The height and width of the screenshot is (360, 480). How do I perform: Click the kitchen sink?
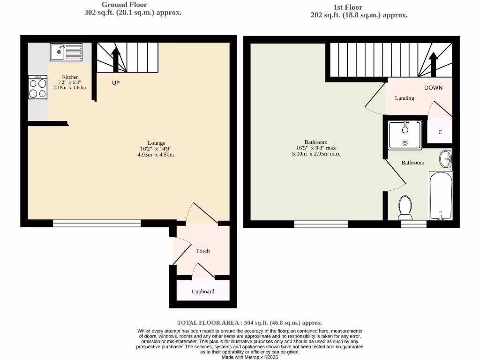pos(66,52)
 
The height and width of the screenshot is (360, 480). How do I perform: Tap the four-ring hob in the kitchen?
pos(38,88)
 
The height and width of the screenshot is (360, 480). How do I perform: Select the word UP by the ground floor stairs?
pos(117,83)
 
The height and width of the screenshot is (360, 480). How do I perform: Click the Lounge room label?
pos(156,143)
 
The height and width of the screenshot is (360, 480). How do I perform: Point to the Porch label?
pos(203,251)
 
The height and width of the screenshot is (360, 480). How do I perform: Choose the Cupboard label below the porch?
pos(203,292)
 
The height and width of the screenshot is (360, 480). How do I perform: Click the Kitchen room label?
pos(70,77)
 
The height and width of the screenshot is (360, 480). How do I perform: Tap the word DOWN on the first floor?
pos(433,88)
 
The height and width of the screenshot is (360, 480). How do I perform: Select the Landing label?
pos(404,98)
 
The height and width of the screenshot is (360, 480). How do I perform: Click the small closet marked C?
pos(440,132)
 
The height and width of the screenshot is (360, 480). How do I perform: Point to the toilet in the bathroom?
pos(405,208)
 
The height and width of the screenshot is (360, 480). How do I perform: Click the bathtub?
pos(441,195)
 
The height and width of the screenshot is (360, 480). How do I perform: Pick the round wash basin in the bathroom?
pos(445,159)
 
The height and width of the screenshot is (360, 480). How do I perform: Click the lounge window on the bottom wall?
pos(97,224)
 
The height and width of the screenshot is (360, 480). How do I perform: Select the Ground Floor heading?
pos(124,5)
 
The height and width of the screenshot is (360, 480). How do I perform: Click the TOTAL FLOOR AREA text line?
pos(249,322)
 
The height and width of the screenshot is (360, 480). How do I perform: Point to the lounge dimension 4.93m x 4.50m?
pos(156,155)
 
